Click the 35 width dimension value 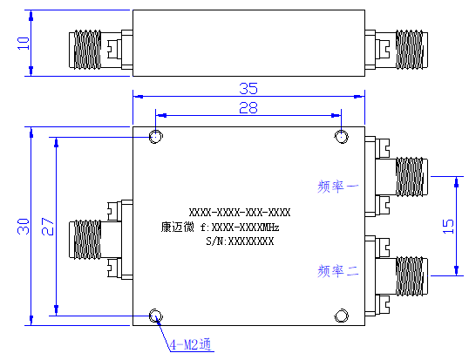pos(248,89)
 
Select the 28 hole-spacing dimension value pos(248,107)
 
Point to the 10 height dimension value pos(24,44)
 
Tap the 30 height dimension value pos(24,227)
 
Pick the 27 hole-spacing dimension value pos(48,227)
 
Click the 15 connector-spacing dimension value pos(448,227)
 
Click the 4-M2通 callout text pos(191,345)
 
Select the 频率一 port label pos(338,187)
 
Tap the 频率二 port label pos(338,271)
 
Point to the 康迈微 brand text pos(177,227)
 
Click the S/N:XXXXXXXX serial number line pos(240,241)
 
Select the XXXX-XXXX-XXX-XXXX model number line pos(240,213)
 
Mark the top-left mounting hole pos(156,137)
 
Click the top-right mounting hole pos(341,137)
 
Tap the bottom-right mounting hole pos(341,316)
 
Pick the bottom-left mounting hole pos(156,316)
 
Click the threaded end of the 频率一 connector pos(410,177)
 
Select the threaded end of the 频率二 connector pos(410,276)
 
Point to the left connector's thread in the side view pos(87,50)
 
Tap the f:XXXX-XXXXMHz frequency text pos(240,228)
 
